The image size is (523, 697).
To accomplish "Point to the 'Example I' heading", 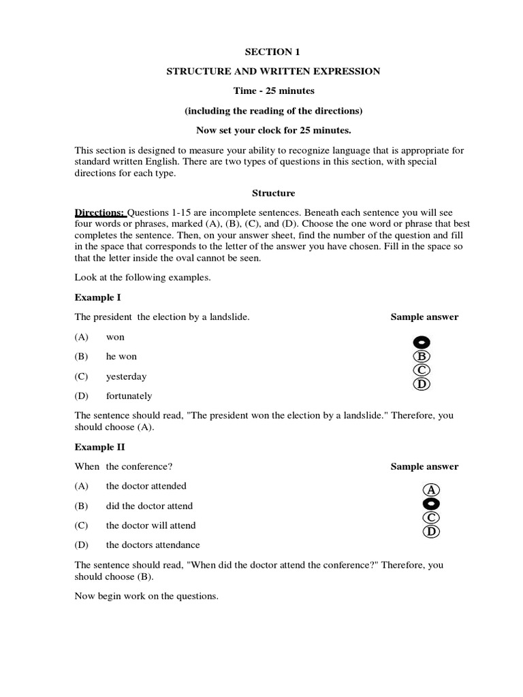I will tap(97, 297).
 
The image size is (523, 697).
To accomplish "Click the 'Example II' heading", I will tap(99, 447).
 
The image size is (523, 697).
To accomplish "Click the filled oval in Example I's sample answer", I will tap(422, 342).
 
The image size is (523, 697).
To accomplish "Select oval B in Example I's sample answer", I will tap(422, 356).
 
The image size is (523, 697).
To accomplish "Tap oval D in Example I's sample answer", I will tap(422, 385).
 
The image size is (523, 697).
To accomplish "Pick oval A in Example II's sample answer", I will tap(431, 489).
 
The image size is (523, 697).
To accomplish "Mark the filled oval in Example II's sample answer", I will tap(431, 504).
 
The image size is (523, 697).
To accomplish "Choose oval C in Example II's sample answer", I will tap(431, 518).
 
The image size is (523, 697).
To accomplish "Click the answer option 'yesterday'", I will tap(126, 376).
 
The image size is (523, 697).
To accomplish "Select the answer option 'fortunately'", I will tap(129, 396).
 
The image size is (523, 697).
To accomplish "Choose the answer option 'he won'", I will tap(121, 357).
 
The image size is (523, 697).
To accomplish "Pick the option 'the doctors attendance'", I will tap(153, 545).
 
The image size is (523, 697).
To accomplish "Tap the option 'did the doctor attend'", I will tap(149, 506).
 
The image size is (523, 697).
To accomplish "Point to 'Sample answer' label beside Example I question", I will tap(424, 317).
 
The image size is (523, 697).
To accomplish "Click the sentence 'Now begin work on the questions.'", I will tap(146, 596).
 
